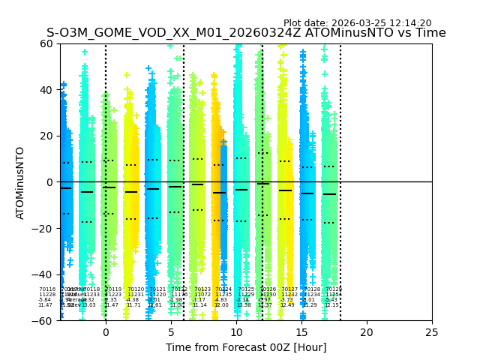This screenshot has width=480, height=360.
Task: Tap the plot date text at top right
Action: (x=357, y=23)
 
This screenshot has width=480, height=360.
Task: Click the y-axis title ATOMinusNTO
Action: (x=20, y=182)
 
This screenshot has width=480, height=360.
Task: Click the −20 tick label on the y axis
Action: (x=44, y=229)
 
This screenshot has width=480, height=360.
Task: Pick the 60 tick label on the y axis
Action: (x=47, y=43)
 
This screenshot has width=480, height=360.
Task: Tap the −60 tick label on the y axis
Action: (x=44, y=321)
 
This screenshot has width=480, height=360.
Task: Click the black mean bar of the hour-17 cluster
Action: (x=329, y=194)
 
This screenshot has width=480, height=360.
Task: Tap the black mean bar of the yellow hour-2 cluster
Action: (x=131, y=192)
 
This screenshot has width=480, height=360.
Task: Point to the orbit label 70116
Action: (x=47, y=289)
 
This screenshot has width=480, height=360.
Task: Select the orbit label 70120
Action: (x=136, y=289)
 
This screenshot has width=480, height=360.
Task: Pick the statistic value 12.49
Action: (x=287, y=305)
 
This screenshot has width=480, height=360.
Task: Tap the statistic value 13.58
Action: (x=244, y=305)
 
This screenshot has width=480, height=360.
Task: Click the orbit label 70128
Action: (x=312, y=289)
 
